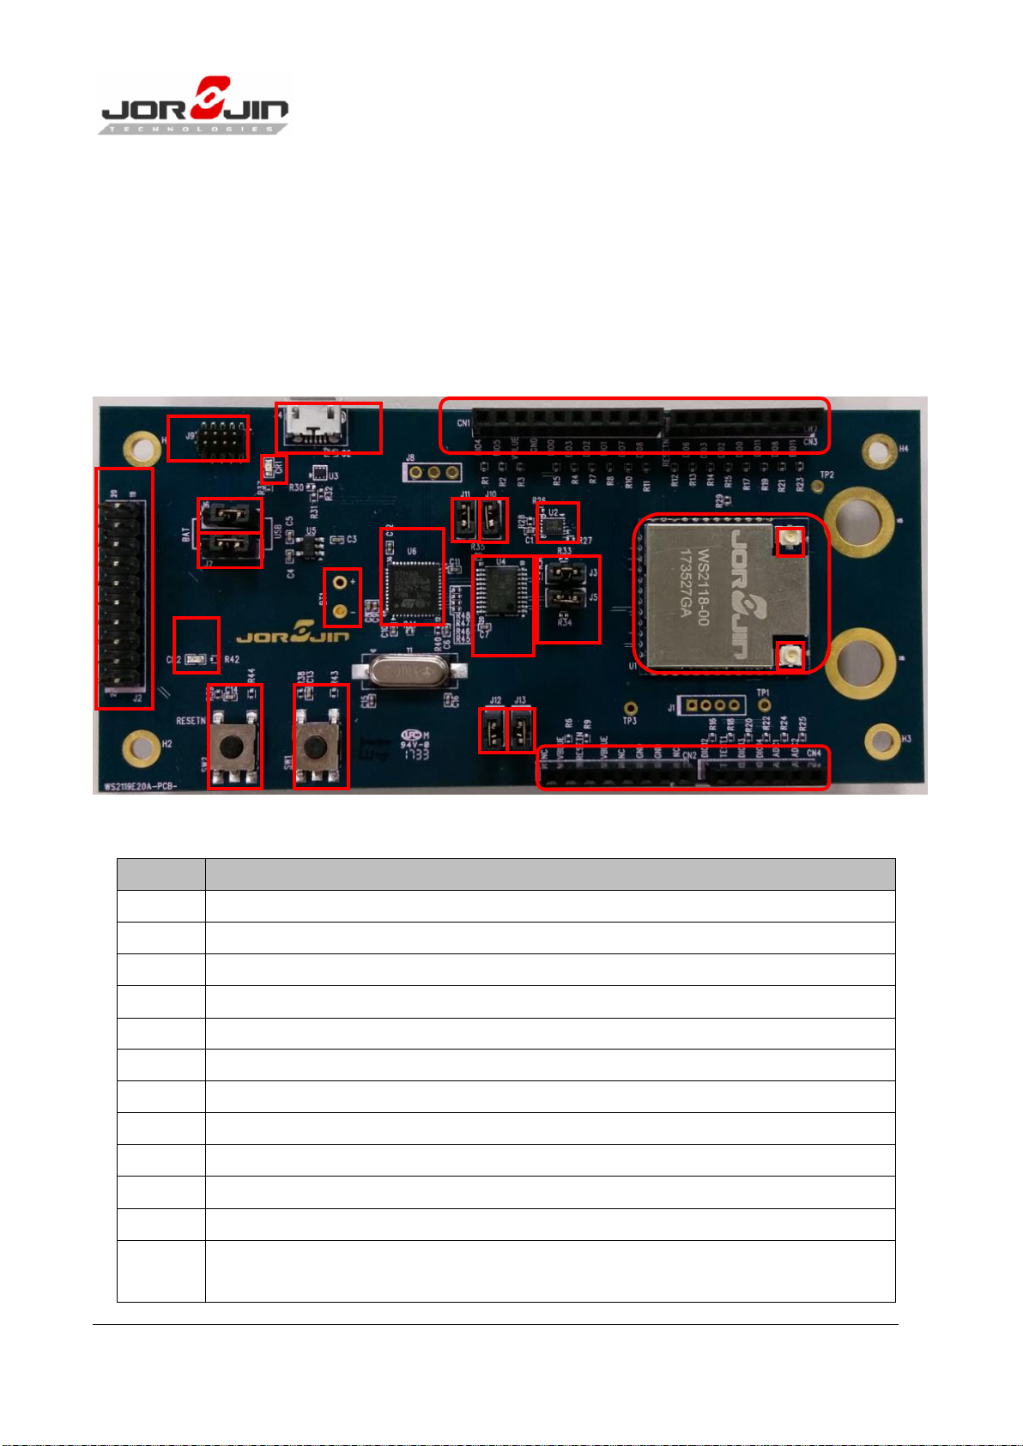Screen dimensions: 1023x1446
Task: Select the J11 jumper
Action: click(464, 519)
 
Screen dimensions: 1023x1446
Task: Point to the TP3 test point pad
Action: click(630, 708)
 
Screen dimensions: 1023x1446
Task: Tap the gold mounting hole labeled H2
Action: click(140, 747)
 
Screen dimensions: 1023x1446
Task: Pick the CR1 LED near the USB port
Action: click(269, 467)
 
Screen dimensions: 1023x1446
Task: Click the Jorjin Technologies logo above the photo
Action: click(196, 107)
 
